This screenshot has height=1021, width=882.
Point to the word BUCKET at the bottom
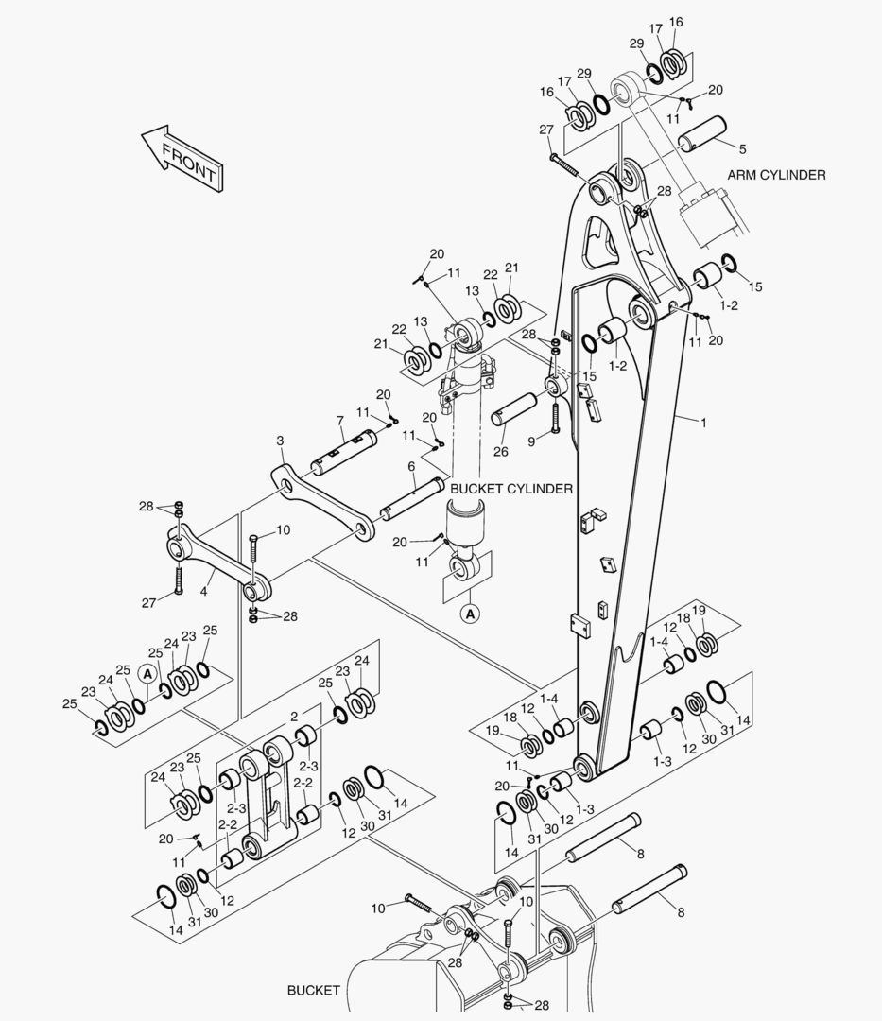coord(313,990)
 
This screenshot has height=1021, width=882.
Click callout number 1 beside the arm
coord(702,423)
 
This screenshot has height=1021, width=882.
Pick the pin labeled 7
coord(353,452)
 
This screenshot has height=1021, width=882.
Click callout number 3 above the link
coord(280,441)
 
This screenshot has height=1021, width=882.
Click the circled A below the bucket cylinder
coord(470,614)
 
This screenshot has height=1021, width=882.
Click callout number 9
coord(532,441)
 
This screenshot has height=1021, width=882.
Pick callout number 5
coord(741,148)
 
